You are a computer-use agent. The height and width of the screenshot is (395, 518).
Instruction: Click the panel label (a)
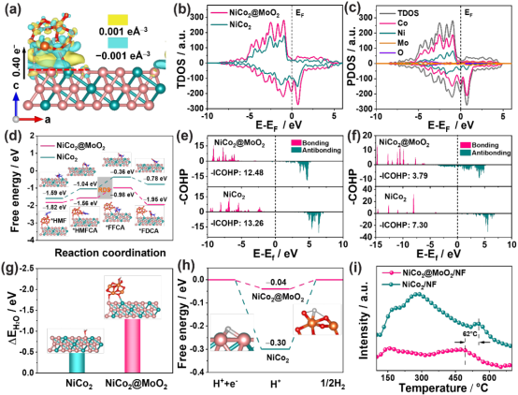12,10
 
